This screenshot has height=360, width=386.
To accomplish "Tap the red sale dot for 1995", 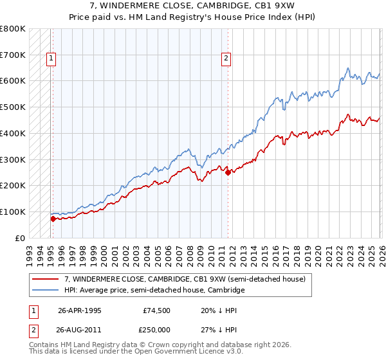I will (x=53, y=219).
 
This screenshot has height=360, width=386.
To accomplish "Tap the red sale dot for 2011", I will (x=228, y=172).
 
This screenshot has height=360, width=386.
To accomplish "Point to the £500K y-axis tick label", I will (x=13, y=107).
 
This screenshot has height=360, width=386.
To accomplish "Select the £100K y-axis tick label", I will (x=13, y=212).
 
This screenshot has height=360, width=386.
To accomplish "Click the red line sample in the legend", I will (x=46, y=279).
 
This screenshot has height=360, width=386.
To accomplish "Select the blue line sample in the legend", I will (x=46, y=291).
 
